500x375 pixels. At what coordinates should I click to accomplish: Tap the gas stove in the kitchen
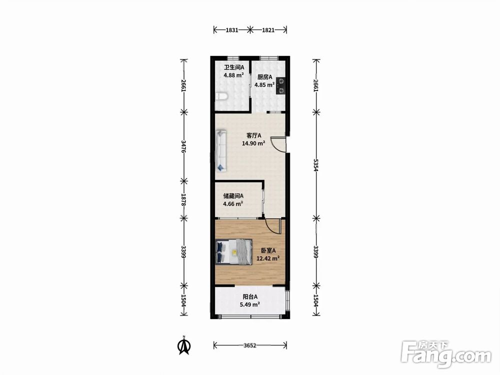coord(280,86)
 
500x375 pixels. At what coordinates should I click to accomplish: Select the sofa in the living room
coord(221,150)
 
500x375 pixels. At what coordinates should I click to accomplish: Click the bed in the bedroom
coord(233,252)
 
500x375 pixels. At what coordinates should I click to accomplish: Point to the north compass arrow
coord(183,345)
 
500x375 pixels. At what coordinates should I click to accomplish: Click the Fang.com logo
coord(446,354)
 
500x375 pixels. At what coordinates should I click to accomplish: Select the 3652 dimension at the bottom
coord(249,345)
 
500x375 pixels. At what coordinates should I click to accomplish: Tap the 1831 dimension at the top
coord(232,30)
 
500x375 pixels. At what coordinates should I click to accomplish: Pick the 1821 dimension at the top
coord(268,30)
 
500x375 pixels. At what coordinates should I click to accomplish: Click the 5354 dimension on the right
coord(316,165)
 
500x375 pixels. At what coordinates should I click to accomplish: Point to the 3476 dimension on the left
coord(183,146)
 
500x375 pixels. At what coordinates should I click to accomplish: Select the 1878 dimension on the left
coord(183,199)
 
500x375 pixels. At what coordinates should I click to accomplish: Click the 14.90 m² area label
coord(253,143)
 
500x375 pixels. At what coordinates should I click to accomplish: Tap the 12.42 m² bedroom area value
coord(268,258)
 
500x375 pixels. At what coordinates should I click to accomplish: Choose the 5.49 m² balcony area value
coord(249,304)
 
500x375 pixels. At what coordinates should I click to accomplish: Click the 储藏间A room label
coord(233,196)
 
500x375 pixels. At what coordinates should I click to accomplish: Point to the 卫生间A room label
coord(233,67)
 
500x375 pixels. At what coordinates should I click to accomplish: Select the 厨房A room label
coord(264,77)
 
